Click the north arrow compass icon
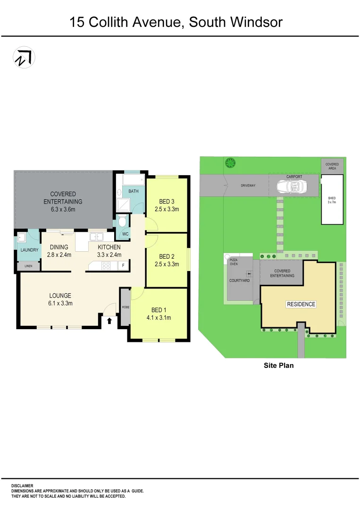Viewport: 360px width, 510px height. click(24, 58)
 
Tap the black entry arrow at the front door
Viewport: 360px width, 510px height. click(109, 321)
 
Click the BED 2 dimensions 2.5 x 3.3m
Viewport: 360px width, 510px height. click(167, 264)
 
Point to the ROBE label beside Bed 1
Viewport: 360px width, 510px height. click(126, 307)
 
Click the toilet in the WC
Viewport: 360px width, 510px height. click(123, 221)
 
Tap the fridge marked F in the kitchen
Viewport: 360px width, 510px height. click(123, 266)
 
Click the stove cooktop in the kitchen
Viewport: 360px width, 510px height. click(106, 266)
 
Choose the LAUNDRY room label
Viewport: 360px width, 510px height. click(29, 250)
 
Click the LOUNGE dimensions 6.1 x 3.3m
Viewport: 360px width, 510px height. click(60, 304)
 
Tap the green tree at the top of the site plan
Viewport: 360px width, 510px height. click(230, 163)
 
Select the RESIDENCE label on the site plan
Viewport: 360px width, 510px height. click(301, 304)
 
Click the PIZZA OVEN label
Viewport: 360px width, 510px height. click(234, 262)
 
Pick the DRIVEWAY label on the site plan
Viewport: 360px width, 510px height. click(248, 186)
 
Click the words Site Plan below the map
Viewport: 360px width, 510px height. click(278, 365)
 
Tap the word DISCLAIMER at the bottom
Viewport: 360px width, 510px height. click(22, 485)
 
